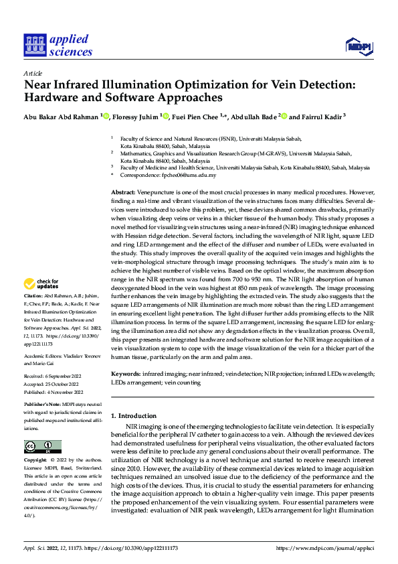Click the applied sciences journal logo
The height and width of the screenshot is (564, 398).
(x=58, y=44)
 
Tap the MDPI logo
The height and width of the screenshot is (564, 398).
(x=359, y=45)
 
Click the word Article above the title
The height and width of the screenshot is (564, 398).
(x=33, y=73)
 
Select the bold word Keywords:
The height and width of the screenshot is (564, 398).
(x=126, y=373)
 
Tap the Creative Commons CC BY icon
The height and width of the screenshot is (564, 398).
(x=42, y=446)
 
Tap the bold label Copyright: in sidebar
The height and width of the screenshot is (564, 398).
(x=35, y=460)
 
